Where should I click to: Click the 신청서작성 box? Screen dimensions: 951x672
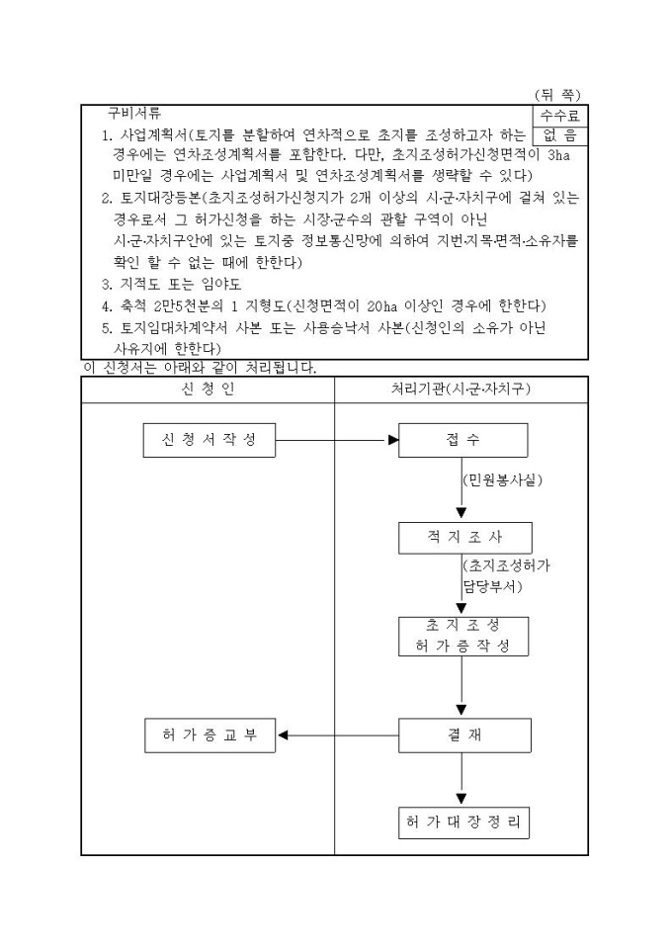click(208, 440)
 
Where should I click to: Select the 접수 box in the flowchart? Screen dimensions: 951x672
click(462, 440)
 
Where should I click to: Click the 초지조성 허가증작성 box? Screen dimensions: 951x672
click(462, 636)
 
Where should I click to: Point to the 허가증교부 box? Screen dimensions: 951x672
click(208, 735)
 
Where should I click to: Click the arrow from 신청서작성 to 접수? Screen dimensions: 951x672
click(336, 440)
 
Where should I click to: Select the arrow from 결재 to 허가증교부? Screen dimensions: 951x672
click(336, 735)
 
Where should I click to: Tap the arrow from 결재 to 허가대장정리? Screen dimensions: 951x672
click(462, 780)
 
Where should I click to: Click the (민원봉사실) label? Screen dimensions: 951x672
click(502, 480)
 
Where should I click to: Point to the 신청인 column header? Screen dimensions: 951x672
click(209, 390)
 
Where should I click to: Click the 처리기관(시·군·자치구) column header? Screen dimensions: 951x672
click(462, 390)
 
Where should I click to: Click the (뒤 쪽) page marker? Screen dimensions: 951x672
click(558, 95)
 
